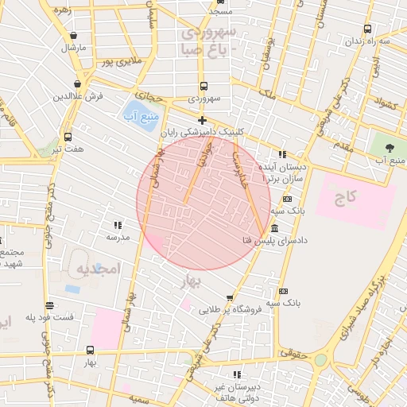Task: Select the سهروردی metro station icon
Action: [203, 87]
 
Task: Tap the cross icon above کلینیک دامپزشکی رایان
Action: [203, 121]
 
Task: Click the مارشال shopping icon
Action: [74, 36]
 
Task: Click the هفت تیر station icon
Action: [68, 137]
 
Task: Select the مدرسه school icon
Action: [118, 225]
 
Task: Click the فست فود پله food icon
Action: [49, 305]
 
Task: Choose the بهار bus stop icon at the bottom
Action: [89, 350]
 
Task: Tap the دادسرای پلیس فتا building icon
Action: [274, 228]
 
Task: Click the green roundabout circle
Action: [320, 360]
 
